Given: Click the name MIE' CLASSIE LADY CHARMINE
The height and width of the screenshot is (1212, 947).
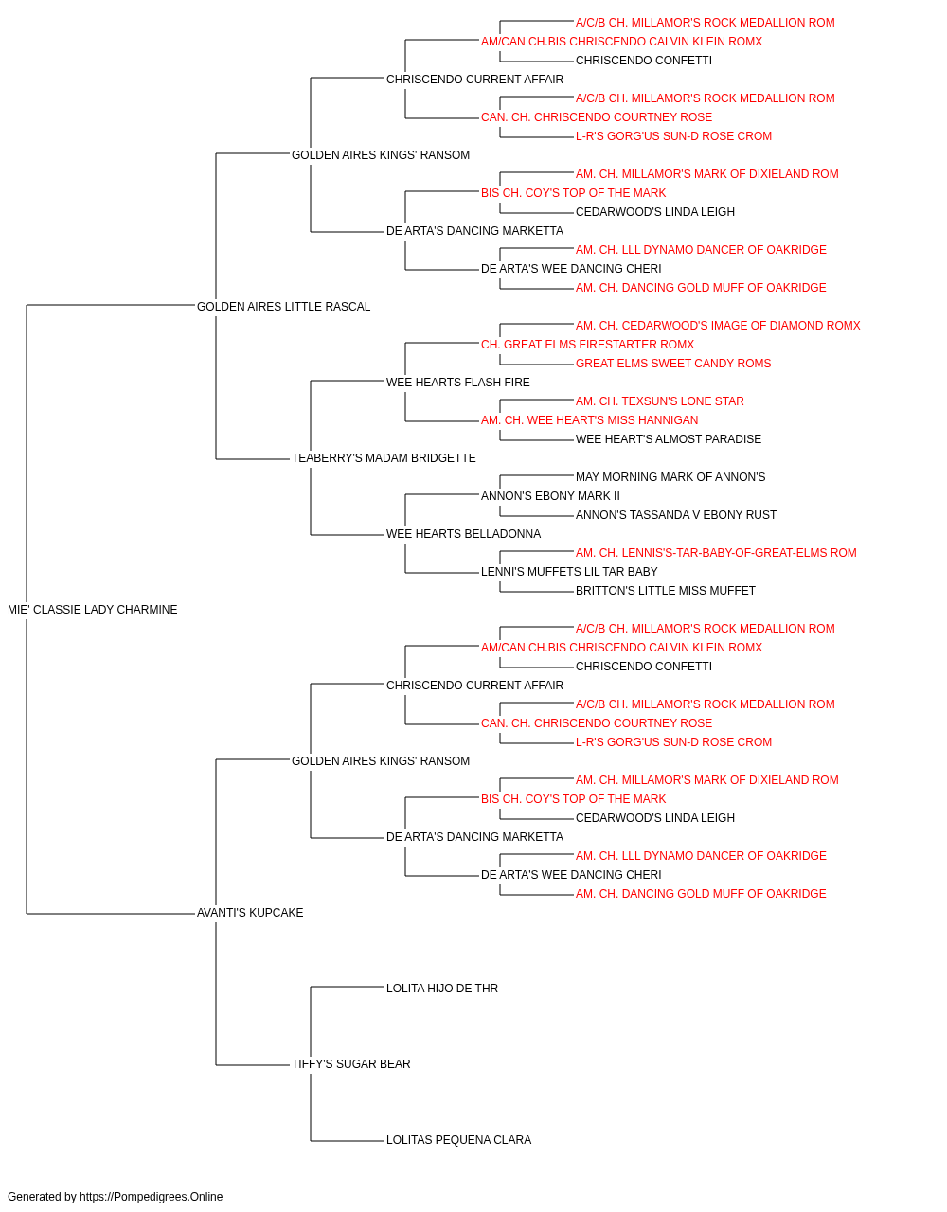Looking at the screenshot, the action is coord(93,610).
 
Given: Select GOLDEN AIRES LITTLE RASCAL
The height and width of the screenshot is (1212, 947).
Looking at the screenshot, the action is coord(283,307).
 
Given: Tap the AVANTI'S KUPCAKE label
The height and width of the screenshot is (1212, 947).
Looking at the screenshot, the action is coord(250,913).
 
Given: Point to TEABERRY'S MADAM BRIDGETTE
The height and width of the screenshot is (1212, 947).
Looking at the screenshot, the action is coord(384,458).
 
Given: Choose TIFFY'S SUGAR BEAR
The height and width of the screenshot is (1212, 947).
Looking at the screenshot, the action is coord(350,1064).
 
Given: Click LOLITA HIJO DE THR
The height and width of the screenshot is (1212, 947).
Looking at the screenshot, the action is coord(442,989).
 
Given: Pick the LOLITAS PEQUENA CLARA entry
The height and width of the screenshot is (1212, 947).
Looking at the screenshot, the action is coord(458,1140).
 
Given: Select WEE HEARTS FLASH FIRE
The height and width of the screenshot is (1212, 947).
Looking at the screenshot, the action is coord(458,383).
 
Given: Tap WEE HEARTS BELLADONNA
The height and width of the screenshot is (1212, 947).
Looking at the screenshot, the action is coord(463,534).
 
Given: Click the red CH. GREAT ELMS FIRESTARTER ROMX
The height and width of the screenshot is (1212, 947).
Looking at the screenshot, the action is coord(587,345).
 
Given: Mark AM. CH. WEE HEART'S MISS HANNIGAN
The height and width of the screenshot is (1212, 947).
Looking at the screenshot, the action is coord(589,420).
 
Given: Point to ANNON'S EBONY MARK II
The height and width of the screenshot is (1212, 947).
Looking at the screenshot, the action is coord(550,496).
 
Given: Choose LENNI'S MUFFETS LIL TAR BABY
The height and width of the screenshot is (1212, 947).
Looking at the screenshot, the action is coord(569,572).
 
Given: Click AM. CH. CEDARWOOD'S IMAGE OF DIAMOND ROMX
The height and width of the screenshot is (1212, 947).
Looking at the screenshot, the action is coord(718,326).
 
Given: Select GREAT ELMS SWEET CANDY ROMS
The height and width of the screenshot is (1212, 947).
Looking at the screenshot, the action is coord(673,364).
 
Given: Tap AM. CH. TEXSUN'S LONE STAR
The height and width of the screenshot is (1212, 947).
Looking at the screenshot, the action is coord(660,401).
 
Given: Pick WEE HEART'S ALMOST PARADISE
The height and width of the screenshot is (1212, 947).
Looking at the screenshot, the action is coord(669,439).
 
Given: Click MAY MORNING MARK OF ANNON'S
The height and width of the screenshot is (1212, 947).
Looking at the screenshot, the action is coord(670,477).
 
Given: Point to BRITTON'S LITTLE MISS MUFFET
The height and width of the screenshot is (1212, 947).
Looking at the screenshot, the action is coord(666,591).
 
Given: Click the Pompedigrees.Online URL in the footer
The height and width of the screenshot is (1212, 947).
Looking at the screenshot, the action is coord(151,1197).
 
